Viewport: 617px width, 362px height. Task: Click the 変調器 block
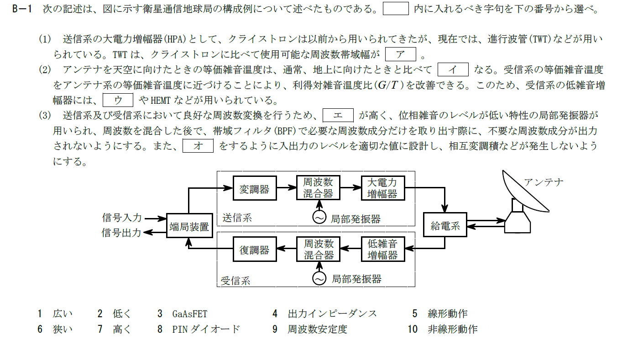coord(255,188)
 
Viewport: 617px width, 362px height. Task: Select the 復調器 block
coord(255,249)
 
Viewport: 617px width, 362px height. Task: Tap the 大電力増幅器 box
coord(382,188)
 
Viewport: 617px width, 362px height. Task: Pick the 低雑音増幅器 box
coord(382,249)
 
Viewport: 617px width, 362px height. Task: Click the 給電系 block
coord(445,225)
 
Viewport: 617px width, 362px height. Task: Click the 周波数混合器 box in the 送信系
coord(318,188)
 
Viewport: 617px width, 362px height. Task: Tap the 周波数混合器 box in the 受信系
coord(318,249)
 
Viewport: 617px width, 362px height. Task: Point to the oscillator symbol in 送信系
coord(319,218)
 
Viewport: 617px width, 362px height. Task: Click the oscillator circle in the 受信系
coord(319,278)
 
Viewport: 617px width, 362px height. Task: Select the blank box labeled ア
coord(401,54)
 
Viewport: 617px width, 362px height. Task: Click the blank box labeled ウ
coord(118,100)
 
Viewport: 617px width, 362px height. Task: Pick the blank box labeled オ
coord(198,146)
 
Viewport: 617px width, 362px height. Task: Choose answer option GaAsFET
coord(190,314)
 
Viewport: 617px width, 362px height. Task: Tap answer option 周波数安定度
coord(317,329)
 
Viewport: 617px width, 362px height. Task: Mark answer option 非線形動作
coord(452,329)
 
